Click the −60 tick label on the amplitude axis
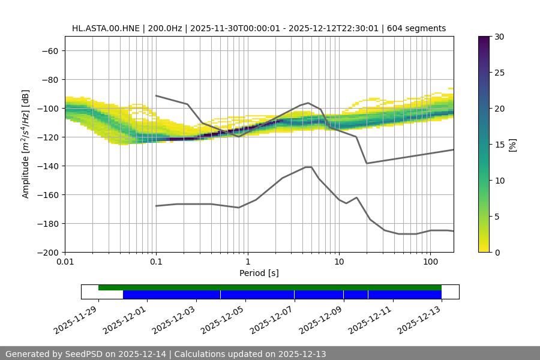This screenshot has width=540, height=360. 49,50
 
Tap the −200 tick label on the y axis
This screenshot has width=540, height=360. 47,252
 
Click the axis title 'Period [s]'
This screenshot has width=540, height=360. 259,273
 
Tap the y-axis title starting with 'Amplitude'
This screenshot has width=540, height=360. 26,144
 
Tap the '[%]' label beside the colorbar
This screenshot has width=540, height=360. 512,145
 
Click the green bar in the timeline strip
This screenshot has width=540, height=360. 270,287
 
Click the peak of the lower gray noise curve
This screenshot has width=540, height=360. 308,167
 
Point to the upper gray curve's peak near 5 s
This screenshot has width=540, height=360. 308,103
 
